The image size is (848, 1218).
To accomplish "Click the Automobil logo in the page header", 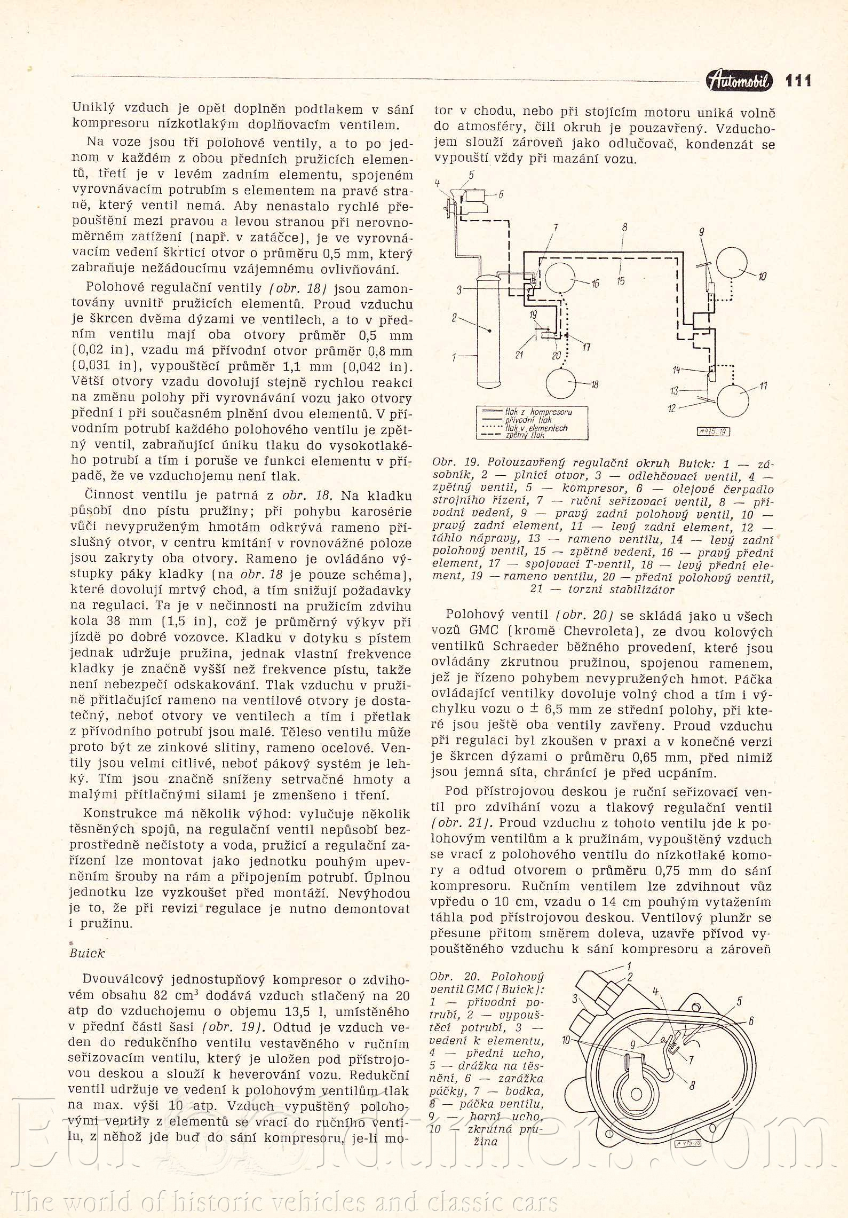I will click(x=739, y=81).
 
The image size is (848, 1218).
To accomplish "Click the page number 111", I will click(x=798, y=81).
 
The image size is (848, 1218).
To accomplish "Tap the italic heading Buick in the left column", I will click(x=87, y=953).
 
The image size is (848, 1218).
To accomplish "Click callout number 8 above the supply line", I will click(x=624, y=227).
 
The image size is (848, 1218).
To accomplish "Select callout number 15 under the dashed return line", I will click(x=621, y=281).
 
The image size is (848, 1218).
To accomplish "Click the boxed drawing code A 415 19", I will click(x=713, y=431).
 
